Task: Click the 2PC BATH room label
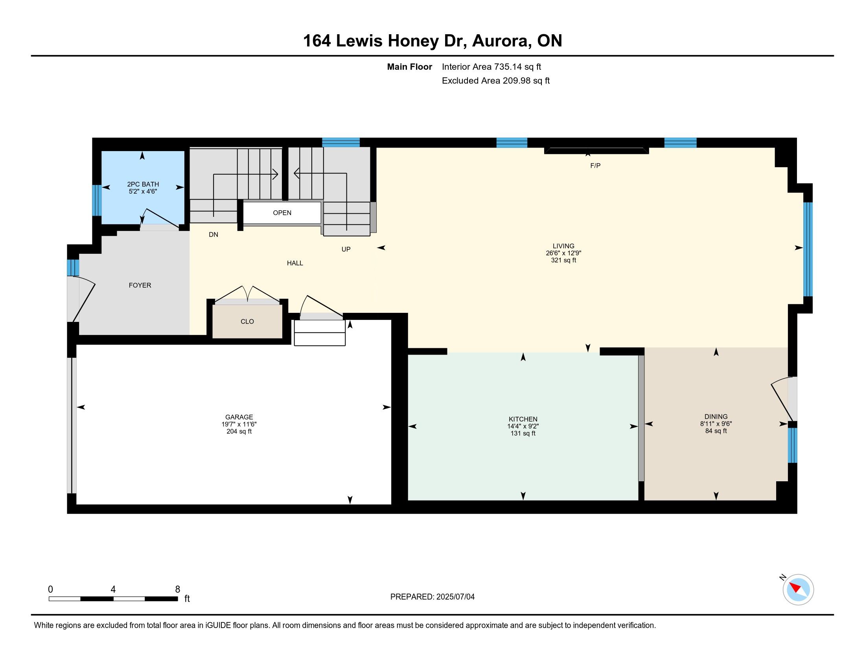[x=143, y=184]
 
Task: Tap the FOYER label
[x=140, y=285]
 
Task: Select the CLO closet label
[x=247, y=322]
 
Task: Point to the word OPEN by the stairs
[x=282, y=213]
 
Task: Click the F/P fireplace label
[x=595, y=166]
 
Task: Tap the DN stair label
[x=213, y=235]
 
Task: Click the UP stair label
[x=346, y=249]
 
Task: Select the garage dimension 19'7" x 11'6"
[x=239, y=424]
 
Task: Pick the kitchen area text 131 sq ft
[x=523, y=434]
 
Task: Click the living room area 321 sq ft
[x=563, y=261]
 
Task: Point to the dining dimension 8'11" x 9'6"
[x=716, y=424]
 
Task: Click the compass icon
[x=798, y=590]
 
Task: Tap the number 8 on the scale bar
[x=177, y=590]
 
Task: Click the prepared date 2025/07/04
[x=455, y=597]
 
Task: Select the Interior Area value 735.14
[x=508, y=67]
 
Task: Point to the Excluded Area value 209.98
[x=517, y=81]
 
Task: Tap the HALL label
[x=295, y=263]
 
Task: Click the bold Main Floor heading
[x=410, y=67]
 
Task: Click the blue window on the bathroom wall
[x=97, y=201]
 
